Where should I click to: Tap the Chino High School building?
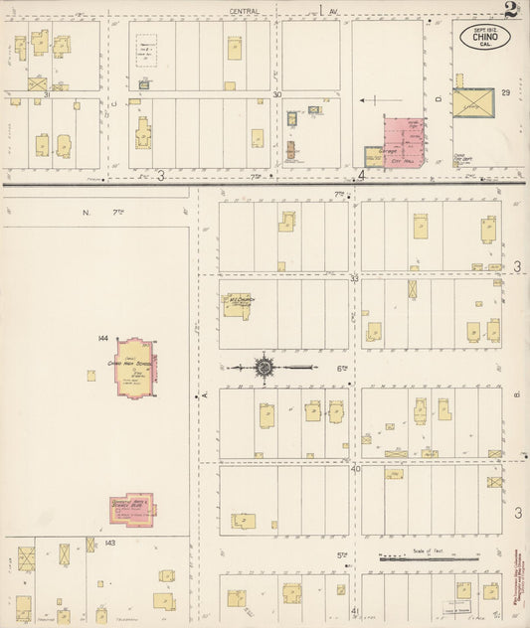[x=135, y=366]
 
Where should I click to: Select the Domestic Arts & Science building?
[x=132, y=510]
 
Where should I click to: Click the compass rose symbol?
[x=265, y=368]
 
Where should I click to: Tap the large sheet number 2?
[x=510, y=12]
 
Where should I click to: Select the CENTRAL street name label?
[x=245, y=11]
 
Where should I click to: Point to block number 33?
[x=354, y=279]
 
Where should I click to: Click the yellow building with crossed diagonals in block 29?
[x=472, y=103]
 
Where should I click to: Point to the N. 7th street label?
[x=100, y=212]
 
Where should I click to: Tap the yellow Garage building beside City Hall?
[x=374, y=155]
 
